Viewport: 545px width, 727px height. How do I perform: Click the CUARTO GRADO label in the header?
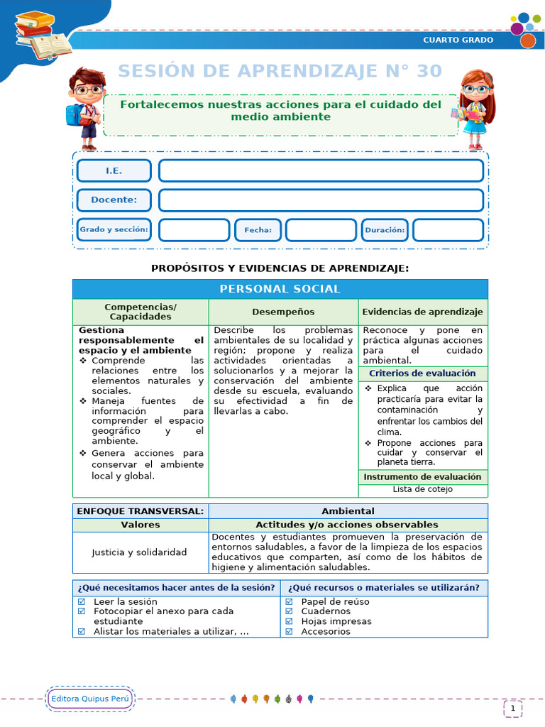[x=458, y=40]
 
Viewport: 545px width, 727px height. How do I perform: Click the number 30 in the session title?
[x=425, y=71]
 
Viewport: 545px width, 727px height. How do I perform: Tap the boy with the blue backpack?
[x=85, y=107]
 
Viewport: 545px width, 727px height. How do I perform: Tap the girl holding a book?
[x=473, y=109]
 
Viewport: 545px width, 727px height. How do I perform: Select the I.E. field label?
[x=114, y=171]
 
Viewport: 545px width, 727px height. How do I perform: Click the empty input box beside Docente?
[x=321, y=200]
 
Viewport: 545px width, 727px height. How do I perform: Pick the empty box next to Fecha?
[x=321, y=230]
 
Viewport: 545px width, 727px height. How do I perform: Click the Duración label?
[x=385, y=230]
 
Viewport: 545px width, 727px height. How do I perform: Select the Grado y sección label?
[x=114, y=229]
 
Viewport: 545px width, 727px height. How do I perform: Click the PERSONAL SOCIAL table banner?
[x=280, y=289]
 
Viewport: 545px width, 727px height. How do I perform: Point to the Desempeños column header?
[x=283, y=312]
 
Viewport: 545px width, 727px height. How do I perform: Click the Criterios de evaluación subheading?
[x=422, y=373]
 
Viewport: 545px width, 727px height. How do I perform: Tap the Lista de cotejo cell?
[x=422, y=489]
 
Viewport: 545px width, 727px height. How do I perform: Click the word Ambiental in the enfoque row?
[x=348, y=511]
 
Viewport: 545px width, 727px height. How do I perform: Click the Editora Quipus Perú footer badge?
[x=89, y=699]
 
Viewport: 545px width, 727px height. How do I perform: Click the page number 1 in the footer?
[x=512, y=708]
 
